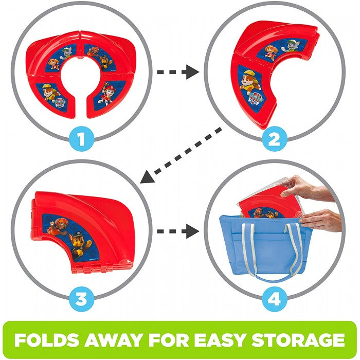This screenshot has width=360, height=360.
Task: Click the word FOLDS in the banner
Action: pos(47,340)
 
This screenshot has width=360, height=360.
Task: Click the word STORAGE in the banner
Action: pos(298,340)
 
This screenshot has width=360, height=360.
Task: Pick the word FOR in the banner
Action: pos(169,340)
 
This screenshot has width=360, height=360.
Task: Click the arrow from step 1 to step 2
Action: pos(178,72)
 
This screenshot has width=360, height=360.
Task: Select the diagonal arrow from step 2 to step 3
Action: pos(181,156)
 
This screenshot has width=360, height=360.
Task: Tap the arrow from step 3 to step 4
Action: pos(178,231)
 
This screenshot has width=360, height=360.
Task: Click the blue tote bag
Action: pos(265,248)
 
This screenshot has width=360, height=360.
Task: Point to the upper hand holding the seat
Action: pos(305,188)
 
